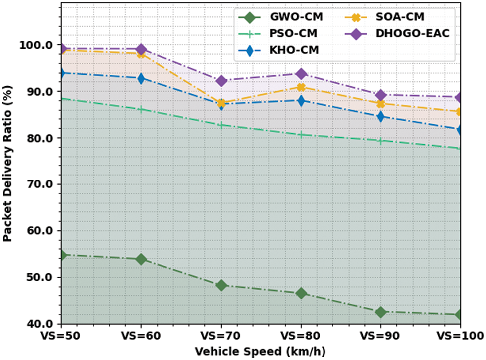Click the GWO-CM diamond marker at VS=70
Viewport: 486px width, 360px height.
(x=221, y=285)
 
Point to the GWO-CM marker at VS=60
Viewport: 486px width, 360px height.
(x=141, y=259)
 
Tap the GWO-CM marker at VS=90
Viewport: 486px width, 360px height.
(x=381, y=312)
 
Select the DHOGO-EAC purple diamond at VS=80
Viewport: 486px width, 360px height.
(x=301, y=74)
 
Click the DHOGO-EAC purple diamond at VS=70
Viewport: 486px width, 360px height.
(x=221, y=81)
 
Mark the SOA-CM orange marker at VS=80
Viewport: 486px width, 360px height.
(x=301, y=87)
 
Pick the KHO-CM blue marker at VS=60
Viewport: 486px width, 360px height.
(x=141, y=78)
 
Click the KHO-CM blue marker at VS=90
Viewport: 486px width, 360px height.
(x=381, y=117)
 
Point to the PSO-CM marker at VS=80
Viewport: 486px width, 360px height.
(x=301, y=134)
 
